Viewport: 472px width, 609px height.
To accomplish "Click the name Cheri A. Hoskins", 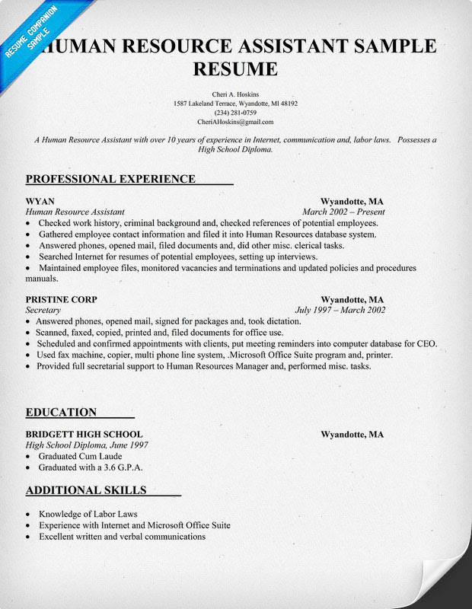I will [235, 93].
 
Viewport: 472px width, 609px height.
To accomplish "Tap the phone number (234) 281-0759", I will [235, 113].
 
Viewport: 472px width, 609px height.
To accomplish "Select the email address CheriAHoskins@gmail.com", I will [235, 122].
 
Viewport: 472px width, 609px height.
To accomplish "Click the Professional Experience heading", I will [110, 179].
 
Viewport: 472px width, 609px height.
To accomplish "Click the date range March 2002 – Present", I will [343, 212].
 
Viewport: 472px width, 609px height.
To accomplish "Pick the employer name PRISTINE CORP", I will [61, 299].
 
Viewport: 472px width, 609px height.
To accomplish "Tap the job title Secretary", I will [43, 310].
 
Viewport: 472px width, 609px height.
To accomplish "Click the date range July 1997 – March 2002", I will [340, 310].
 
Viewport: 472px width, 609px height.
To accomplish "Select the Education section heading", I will [61, 413].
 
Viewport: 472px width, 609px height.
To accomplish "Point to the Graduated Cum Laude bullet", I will [80, 456].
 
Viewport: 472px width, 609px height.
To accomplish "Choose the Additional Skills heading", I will [85, 489].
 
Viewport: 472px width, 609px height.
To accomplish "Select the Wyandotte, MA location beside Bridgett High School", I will [352, 435].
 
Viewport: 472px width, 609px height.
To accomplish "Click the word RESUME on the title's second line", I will [235, 69].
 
